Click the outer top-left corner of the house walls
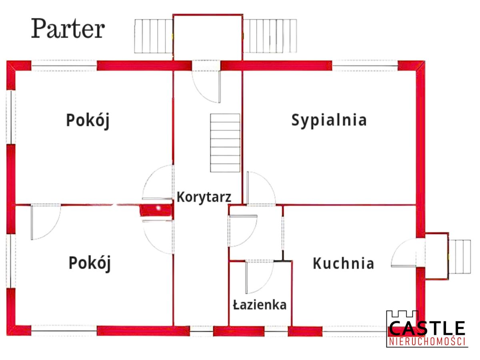tap(7, 61)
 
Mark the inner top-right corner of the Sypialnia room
tap(416, 70)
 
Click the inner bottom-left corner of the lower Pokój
tap(16, 326)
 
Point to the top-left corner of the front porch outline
tap(173, 15)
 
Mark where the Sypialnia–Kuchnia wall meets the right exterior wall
tap(416, 205)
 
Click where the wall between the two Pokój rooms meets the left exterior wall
tap(16, 205)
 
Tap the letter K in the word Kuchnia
tap(317, 263)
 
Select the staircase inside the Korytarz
tap(225, 143)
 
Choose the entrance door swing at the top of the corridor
tap(206, 86)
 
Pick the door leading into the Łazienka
tap(259, 277)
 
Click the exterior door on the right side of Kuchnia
tap(404, 253)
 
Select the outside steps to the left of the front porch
tap(154, 36)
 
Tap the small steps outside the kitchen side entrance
tap(460, 257)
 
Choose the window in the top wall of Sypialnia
tap(365, 66)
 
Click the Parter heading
tap(68, 28)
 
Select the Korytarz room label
tap(204, 197)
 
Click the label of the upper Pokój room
tap(88, 120)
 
